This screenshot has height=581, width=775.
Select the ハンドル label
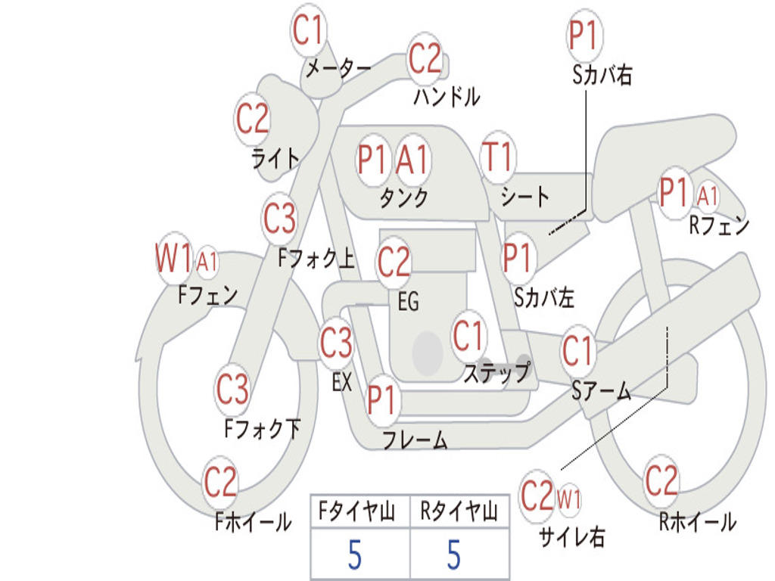(x=447, y=97)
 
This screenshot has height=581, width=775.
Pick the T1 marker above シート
(x=498, y=157)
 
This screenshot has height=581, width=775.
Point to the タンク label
(x=404, y=198)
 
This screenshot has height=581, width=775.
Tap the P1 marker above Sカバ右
(x=584, y=36)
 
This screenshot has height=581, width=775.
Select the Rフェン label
(x=718, y=225)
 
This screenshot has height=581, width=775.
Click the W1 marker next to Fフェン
(x=173, y=259)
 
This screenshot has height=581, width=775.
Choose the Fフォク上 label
(x=316, y=259)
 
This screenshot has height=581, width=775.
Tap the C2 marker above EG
(x=394, y=263)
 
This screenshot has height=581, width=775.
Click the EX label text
(x=342, y=382)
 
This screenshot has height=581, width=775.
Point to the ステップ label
(x=496, y=374)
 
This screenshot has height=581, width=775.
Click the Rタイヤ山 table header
(x=459, y=513)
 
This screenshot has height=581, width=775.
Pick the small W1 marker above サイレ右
(x=569, y=499)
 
